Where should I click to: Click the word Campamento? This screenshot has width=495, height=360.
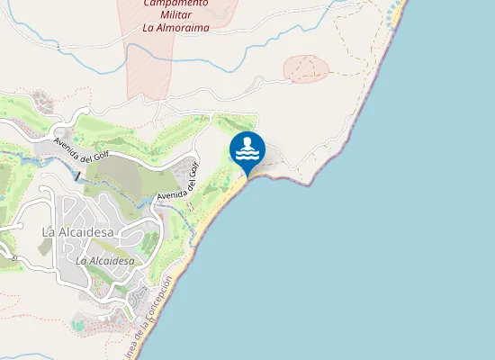tap(175, 3)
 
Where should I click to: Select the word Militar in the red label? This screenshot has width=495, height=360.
tap(175, 14)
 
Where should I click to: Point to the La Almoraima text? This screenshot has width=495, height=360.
tap(175, 27)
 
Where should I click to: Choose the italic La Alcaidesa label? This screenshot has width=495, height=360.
tap(105, 261)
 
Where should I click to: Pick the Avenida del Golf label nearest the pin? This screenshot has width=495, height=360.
tap(176, 184)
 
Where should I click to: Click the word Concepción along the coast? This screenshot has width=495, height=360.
tap(163, 298)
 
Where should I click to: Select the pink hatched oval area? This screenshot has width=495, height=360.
tap(305, 69)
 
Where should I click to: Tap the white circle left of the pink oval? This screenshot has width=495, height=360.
tap(289, 80)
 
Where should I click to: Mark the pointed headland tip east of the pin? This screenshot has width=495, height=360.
tap(310, 185)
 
